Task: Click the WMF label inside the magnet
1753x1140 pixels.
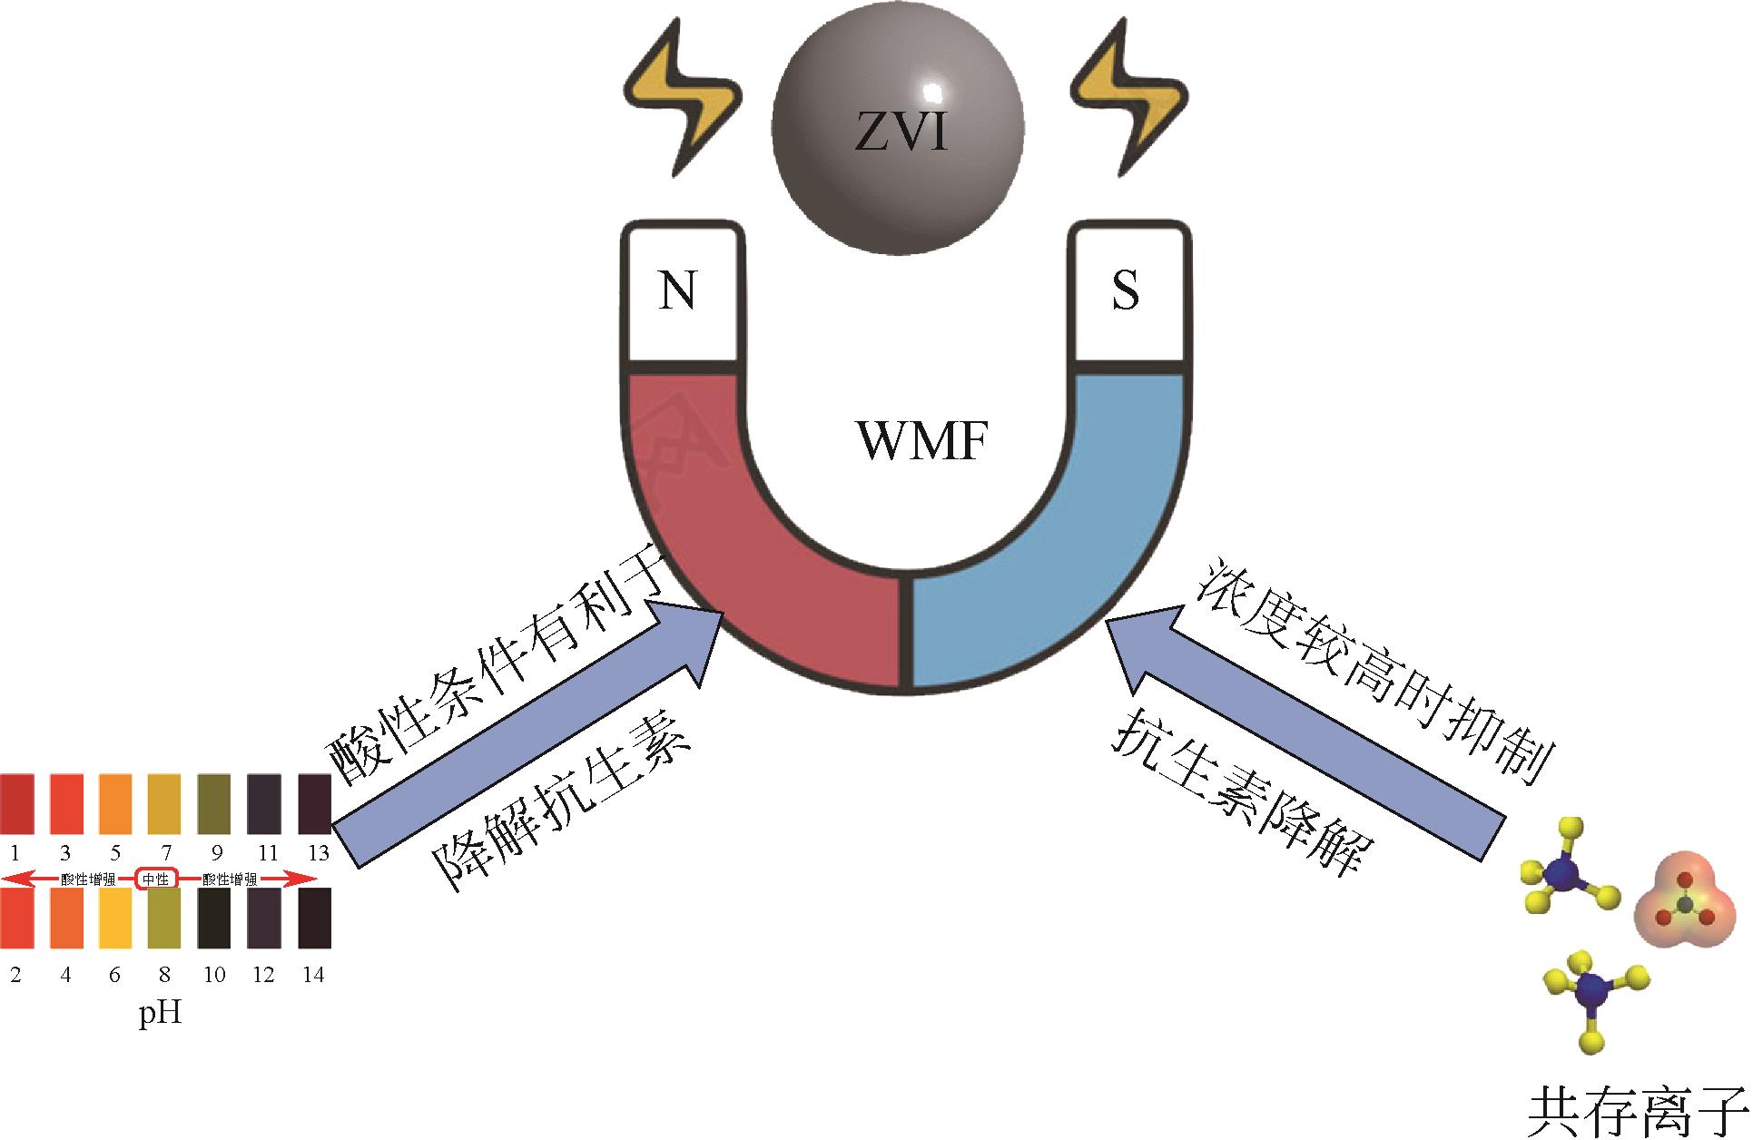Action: tap(921, 442)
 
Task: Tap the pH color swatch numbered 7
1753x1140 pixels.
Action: tap(164, 803)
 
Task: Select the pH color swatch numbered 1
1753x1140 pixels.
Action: tap(16, 803)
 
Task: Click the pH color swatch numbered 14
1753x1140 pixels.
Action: tap(314, 918)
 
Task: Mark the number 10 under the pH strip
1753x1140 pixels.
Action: tap(214, 975)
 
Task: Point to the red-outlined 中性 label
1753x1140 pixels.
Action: tap(155, 879)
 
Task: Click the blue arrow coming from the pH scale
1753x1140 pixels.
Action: tap(527, 735)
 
